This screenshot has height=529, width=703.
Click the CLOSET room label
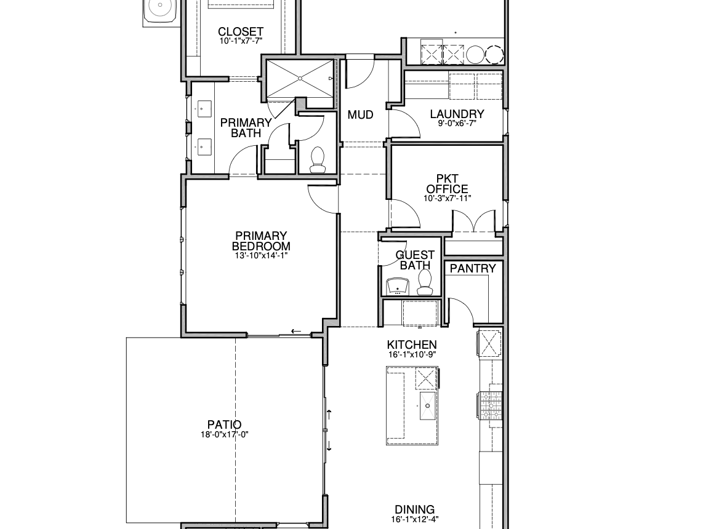tap(240, 32)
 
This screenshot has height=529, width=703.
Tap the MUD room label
tap(361, 115)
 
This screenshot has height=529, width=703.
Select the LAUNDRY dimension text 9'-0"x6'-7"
tap(457, 123)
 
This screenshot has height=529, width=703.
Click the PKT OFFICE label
tap(447, 184)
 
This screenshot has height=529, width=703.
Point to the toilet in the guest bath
tap(424, 283)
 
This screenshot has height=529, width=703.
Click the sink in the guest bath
tap(397, 287)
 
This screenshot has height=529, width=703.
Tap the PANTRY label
tap(473, 268)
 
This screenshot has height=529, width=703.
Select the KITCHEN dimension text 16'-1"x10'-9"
tap(412, 354)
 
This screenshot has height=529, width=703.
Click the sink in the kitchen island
tap(427, 405)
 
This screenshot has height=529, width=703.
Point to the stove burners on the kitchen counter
tap(489, 405)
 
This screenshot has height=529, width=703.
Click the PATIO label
tap(224, 424)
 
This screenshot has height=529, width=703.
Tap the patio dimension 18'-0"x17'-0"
tap(224, 434)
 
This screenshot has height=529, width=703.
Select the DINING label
tap(415, 510)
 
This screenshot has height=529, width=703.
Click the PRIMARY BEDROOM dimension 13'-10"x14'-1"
tap(261, 256)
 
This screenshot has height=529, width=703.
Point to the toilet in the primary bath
tap(318, 159)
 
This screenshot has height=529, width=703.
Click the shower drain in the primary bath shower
tap(300, 78)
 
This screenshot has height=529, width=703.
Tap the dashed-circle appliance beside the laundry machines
tap(494, 55)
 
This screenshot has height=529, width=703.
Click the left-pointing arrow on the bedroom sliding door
tap(296, 332)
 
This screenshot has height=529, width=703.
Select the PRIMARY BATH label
tap(246, 128)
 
